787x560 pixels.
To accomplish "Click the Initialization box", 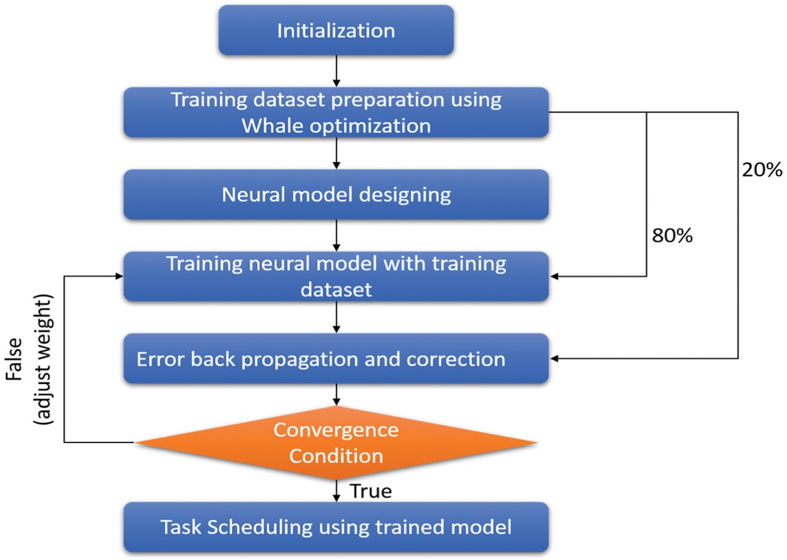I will click(336, 30).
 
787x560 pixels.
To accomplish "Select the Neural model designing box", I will click(336, 195).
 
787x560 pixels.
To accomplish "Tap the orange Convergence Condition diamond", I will click(336, 442).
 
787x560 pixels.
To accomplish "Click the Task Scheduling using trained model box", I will click(336, 527).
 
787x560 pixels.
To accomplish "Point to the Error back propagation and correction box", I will click(336, 359).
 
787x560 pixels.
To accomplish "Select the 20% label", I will click(762, 169).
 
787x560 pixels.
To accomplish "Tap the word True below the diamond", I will click(370, 491).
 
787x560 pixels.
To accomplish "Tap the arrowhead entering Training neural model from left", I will click(118, 276).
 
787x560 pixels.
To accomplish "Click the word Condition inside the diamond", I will click(336, 456).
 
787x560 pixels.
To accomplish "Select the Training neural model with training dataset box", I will click(336, 276).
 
